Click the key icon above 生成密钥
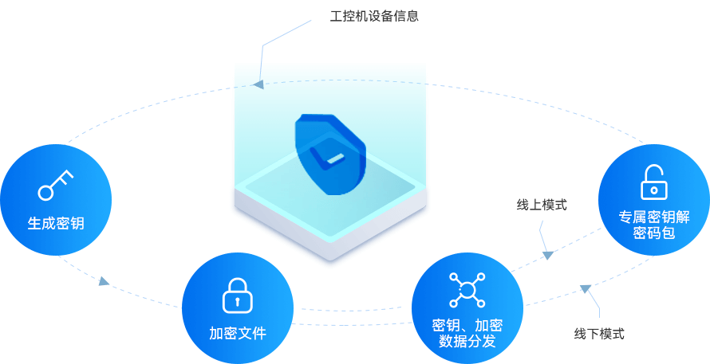click(55, 185)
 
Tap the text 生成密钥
click(56, 224)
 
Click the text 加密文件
click(238, 333)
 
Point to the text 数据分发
click(467, 342)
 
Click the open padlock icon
click(653, 182)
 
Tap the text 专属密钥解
click(654, 216)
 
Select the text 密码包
click(654, 233)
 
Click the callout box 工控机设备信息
click(374, 16)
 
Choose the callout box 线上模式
click(542, 205)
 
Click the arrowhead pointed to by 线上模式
click(548, 255)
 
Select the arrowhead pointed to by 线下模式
click(586, 288)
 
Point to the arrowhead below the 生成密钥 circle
click(104, 280)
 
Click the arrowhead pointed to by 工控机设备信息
click(257, 84)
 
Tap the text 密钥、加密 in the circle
click(467, 325)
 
